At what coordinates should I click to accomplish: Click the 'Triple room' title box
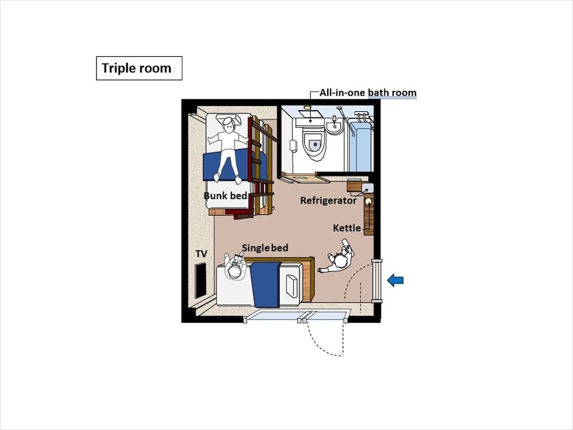point(139,68)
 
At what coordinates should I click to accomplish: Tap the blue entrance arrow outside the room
point(395,280)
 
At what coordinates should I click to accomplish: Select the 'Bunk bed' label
point(225,196)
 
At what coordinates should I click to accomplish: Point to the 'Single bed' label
point(265,248)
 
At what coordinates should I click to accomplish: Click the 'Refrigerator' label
point(328,201)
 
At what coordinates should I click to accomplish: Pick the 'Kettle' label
point(347,228)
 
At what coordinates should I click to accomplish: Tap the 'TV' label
point(201,253)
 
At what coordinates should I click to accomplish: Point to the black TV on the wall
point(201,280)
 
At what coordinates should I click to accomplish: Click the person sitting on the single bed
point(235,267)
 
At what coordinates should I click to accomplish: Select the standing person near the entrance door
point(339,259)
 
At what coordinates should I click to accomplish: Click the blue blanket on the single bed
point(265,284)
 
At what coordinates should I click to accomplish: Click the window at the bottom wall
point(298,315)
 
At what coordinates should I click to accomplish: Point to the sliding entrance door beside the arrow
point(376,280)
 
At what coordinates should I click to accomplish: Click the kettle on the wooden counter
point(368,202)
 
